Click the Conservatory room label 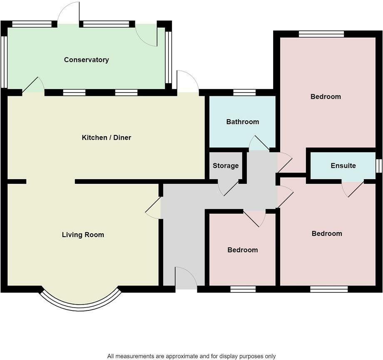coord(86,60)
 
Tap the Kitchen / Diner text coord(106,137)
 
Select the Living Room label coord(83,235)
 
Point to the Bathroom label coord(242,122)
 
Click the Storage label coord(226,165)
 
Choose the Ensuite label coord(343,165)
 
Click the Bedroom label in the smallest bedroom coord(242,250)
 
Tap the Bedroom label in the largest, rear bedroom coord(326,96)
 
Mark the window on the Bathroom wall coord(244,92)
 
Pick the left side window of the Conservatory coord(4,62)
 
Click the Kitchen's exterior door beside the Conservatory coord(187,82)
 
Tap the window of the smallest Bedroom coord(243,289)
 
